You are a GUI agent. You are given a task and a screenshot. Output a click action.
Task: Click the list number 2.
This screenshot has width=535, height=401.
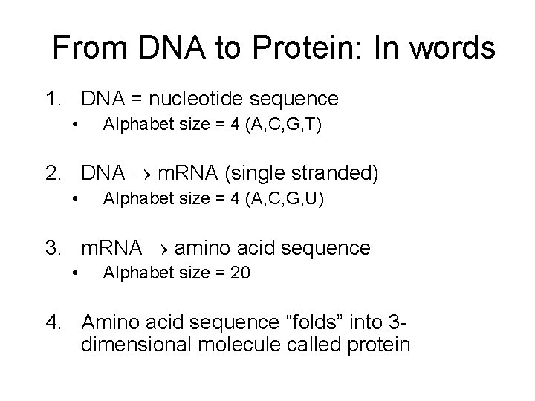coord(53,175)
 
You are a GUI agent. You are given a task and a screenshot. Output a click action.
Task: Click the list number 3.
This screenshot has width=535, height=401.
coord(53,248)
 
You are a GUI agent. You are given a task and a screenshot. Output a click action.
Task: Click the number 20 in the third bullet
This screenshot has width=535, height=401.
coord(240,273)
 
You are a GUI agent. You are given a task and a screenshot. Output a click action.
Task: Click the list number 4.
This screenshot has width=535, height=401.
coord(53,322)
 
